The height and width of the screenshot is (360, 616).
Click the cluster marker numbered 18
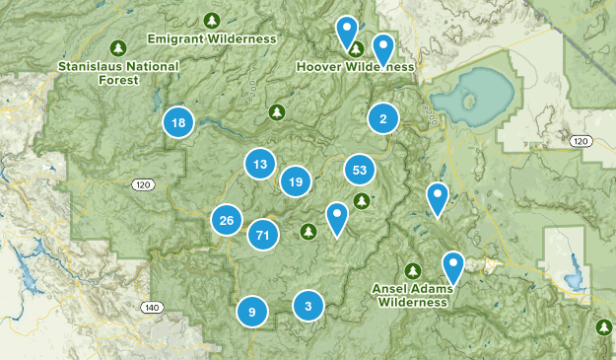point(177,122)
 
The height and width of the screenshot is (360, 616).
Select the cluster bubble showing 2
point(382,119)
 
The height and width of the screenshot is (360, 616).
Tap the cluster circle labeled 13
point(260,164)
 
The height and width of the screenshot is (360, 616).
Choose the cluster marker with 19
point(295,180)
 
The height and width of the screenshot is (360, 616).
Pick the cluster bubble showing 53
point(360,171)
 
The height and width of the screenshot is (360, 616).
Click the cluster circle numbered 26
point(227,220)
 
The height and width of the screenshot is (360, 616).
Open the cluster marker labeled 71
point(262,235)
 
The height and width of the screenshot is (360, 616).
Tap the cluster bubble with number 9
point(252,312)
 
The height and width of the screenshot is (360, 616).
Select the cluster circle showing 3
point(308,305)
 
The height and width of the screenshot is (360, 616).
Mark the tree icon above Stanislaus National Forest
point(118,47)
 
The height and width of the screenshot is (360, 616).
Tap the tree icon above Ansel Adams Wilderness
point(413,270)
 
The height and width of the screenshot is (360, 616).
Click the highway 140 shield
point(151,307)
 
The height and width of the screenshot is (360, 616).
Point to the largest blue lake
point(471,96)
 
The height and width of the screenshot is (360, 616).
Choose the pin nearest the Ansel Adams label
point(452,266)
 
